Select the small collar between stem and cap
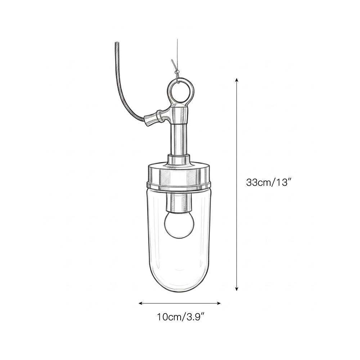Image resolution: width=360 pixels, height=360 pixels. tap(179, 159)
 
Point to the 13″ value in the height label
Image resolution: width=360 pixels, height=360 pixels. tap(282, 183)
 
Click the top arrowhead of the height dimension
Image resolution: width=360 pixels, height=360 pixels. tap(237, 80)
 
